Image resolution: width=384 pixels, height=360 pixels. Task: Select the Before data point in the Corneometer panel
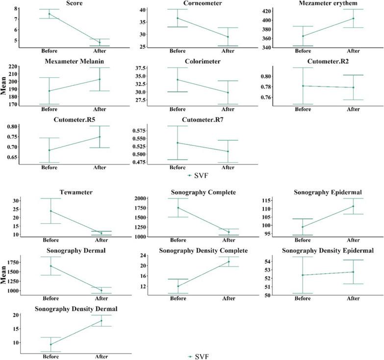(177, 18)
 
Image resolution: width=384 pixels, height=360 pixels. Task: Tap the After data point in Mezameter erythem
(353, 19)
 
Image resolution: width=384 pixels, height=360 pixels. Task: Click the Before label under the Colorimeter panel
(177, 109)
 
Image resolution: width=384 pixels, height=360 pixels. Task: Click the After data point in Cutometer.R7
(228, 151)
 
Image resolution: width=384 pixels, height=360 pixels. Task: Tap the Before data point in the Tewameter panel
(51, 211)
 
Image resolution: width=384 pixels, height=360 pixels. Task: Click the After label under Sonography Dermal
(101, 298)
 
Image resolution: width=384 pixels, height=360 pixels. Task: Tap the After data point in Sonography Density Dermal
(102, 321)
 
